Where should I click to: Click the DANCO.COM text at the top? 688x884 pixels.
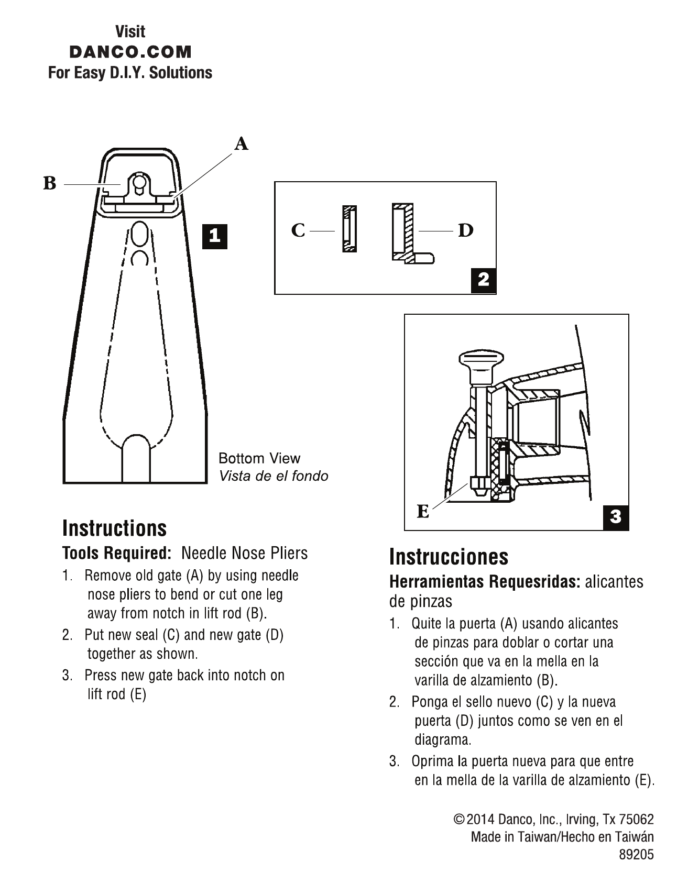(130, 52)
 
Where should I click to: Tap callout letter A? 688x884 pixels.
(241, 143)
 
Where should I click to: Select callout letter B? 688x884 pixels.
(49, 184)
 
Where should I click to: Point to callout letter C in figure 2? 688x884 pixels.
(298, 230)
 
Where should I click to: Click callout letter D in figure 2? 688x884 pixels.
(465, 230)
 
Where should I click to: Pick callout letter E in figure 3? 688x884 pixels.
(423, 511)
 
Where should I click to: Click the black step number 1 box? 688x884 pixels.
(215, 236)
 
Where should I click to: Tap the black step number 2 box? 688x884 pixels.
(483, 280)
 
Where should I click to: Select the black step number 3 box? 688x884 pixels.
(616, 517)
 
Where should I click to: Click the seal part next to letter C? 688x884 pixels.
(350, 229)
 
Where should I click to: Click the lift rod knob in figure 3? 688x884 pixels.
(481, 361)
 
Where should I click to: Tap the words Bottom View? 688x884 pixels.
(259, 458)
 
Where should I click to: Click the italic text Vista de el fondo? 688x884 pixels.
(273, 476)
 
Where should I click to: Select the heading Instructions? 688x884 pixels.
(114, 528)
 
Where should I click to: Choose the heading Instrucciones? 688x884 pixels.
(449, 557)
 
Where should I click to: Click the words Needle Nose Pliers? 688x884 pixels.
(244, 553)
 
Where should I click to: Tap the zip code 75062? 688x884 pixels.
(636, 819)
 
